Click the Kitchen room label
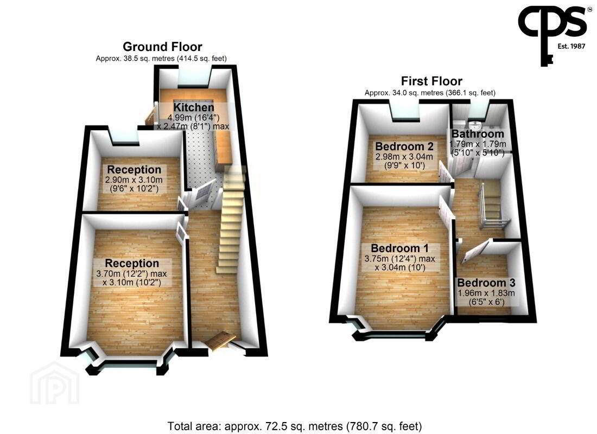click(194, 107)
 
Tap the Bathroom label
click(478, 134)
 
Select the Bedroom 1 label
click(400, 248)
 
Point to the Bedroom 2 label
click(404, 146)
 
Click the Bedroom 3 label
click(486, 283)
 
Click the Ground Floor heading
click(162, 47)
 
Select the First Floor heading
click(431, 81)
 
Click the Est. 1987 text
click(571, 46)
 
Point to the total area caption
click(295, 426)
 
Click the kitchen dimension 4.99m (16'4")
click(193, 117)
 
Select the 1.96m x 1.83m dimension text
click(486, 293)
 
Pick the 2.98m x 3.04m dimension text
click(404, 156)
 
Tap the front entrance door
click(220, 340)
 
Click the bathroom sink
click(475, 125)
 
